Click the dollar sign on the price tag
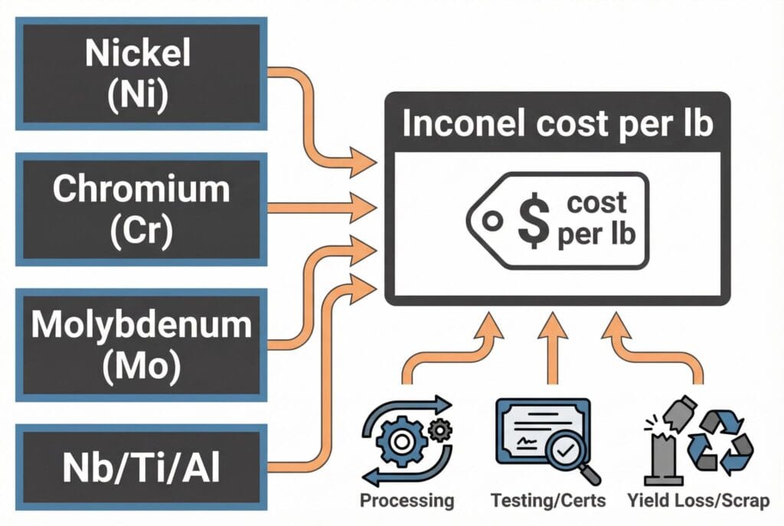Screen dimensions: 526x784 coord(531,219)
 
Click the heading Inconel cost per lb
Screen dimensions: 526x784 coord(557,124)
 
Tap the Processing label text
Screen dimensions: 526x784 coord(407,501)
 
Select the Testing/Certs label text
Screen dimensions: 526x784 coord(549,501)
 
